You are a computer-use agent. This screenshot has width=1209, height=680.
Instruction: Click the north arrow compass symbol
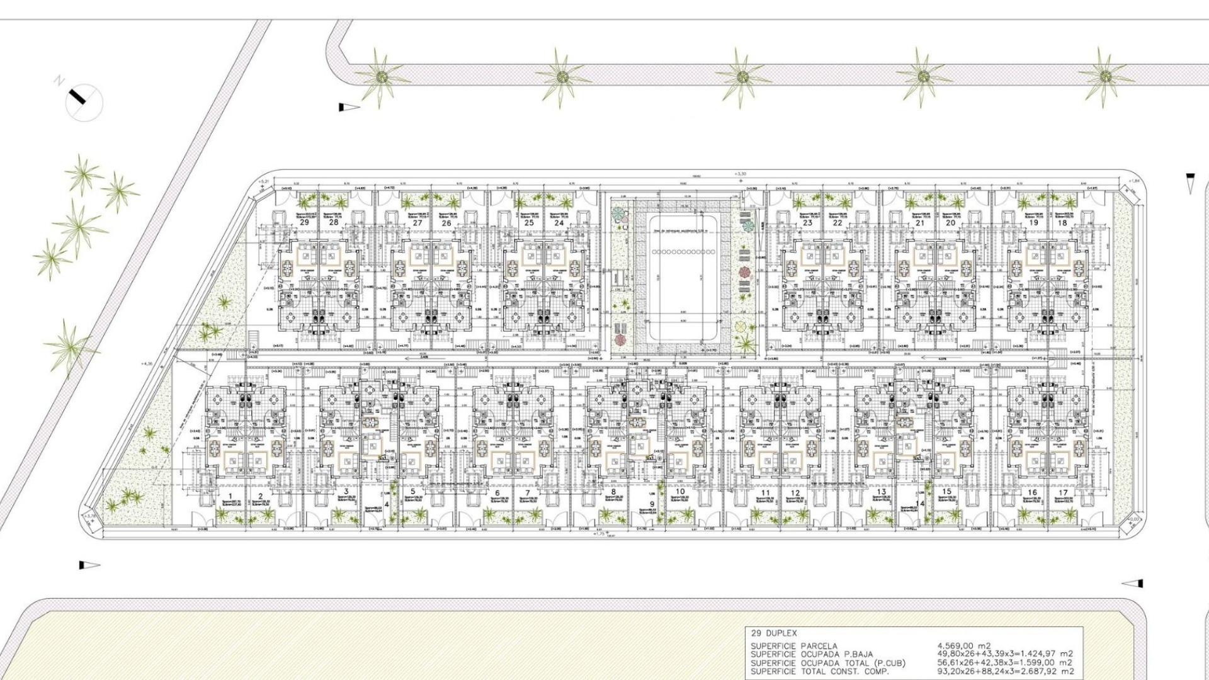click(x=84, y=101)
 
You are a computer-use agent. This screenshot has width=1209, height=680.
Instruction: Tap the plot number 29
click(x=305, y=223)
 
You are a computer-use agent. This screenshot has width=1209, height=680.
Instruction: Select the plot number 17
click(x=1063, y=493)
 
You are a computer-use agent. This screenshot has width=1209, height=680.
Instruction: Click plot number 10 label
click(x=679, y=492)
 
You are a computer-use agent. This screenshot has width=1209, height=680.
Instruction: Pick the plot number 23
click(x=808, y=223)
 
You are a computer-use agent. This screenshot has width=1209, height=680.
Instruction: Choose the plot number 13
click(x=881, y=492)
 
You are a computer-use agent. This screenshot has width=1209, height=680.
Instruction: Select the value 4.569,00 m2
click(x=964, y=645)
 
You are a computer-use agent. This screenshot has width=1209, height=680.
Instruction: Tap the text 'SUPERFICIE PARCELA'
click(x=794, y=646)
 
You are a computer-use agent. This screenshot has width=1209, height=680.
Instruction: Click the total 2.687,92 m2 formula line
click(x=1006, y=671)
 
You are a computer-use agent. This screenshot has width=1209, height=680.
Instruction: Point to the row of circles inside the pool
click(x=683, y=252)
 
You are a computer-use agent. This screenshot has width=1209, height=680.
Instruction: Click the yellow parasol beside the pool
click(x=742, y=327)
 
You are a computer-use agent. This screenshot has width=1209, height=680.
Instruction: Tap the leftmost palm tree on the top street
click(x=380, y=77)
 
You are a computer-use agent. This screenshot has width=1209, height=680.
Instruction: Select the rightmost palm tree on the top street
click(x=1104, y=77)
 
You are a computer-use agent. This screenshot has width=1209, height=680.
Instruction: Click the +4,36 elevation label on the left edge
click(x=147, y=363)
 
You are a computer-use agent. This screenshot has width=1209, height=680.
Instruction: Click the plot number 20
click(x=951, y=223)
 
